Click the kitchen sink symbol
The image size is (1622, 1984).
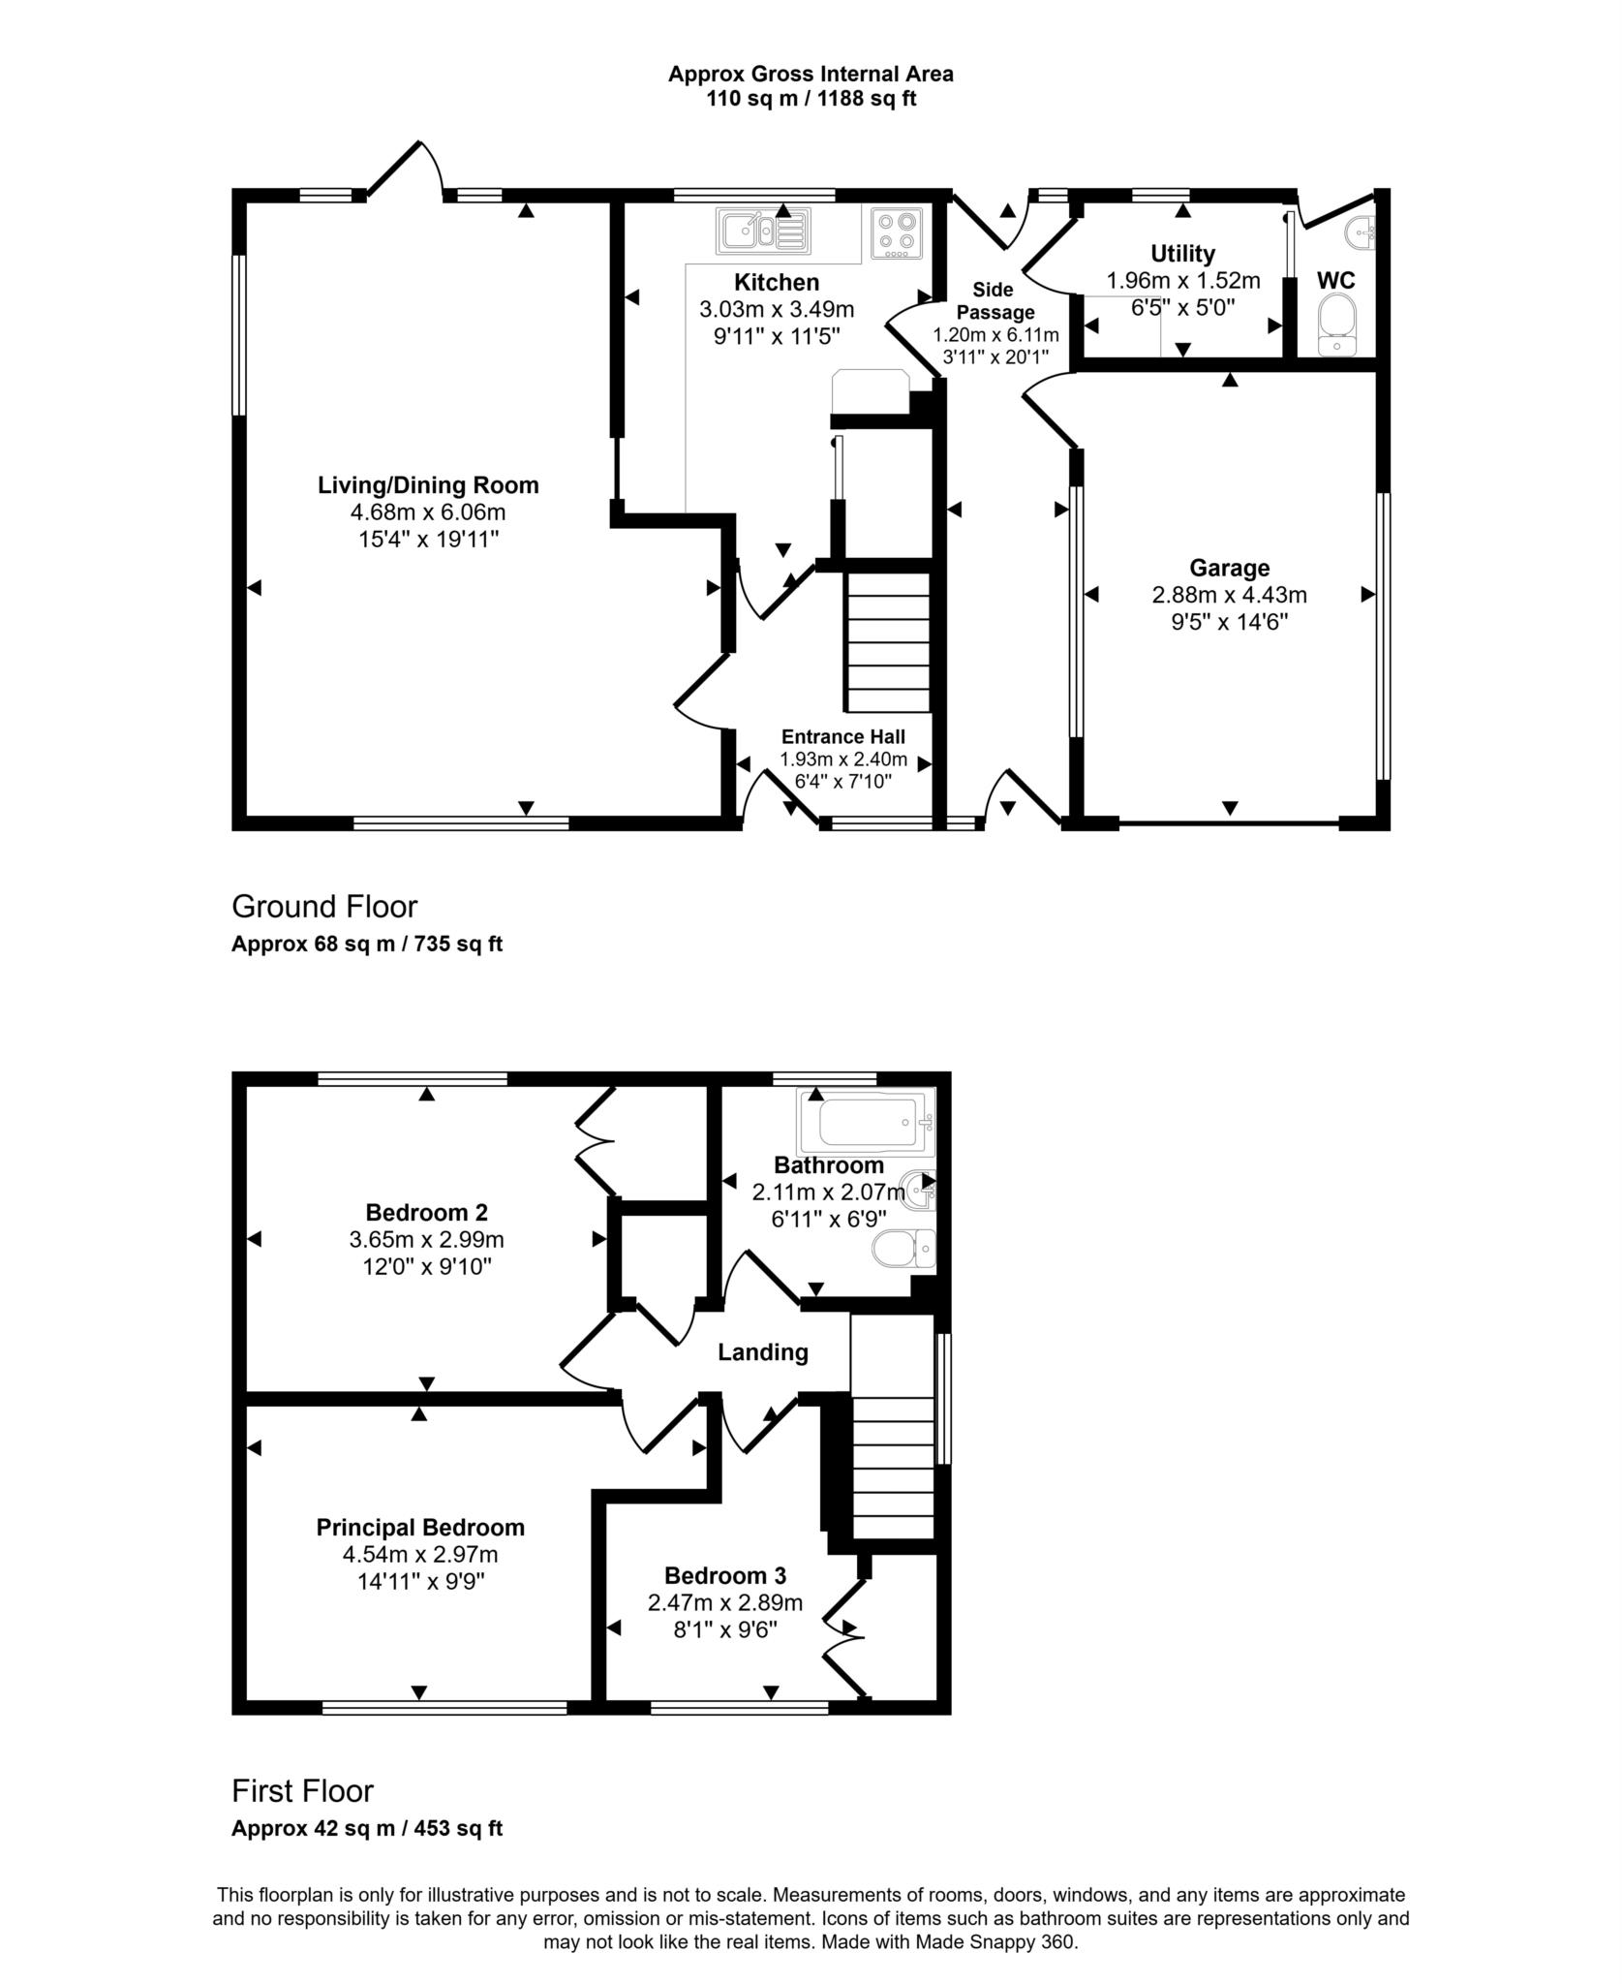(763, 231)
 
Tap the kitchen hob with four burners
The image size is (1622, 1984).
(896, 233)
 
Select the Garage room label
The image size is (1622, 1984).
(1229, 568)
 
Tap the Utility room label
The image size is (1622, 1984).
(1182, 254)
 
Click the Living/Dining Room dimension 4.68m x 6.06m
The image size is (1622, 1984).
(428, 511)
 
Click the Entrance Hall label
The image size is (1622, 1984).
(842, 736)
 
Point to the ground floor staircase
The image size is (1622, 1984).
(888, 641)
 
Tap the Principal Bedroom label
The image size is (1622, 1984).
(420, 1528)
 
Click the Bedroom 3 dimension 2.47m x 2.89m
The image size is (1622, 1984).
(725, 1603)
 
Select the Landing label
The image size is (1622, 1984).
(762, 1352)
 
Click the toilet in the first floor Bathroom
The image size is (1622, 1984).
(903, 1250)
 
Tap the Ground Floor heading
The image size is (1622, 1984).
(324, 907)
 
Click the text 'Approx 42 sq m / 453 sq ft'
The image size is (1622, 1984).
(367, 1829)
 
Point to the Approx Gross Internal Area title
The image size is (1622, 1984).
(811, 74)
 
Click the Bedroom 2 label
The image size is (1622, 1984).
(426, 1212)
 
